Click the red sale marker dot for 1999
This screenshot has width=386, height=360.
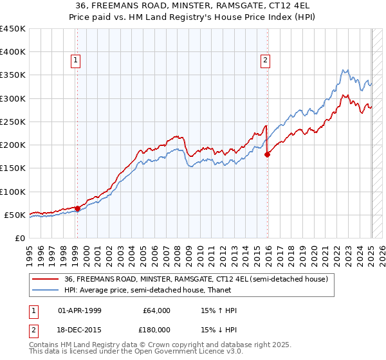tap(77, 208)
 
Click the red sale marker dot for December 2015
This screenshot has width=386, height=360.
tap(268, 154)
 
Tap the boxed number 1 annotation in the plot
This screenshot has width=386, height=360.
tap(75, 60)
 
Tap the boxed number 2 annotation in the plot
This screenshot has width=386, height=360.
tap(265, 60)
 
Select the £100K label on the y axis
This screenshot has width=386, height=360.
tap(13, 192)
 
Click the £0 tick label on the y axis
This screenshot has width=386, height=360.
tap(19, 238)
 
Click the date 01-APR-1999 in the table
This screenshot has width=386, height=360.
tap(80, 310)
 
